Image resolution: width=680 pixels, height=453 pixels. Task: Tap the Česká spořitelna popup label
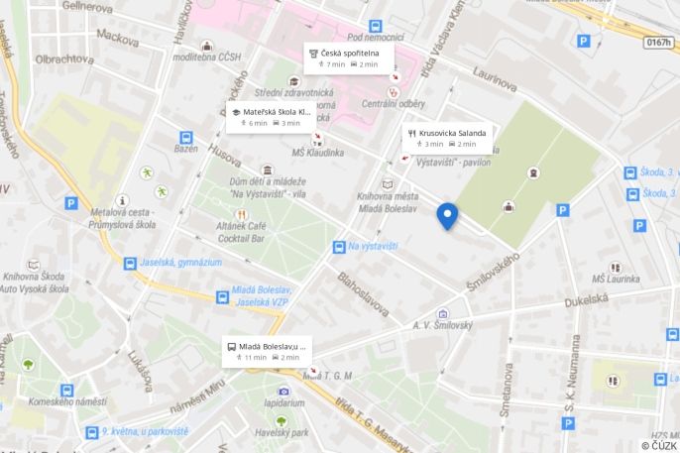tap(348, 57)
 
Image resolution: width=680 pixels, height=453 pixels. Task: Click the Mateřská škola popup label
tap(271, 117)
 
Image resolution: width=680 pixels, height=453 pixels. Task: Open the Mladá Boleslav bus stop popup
tap(266, 352)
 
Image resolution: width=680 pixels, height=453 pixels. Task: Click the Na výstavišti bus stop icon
tap(338, 246)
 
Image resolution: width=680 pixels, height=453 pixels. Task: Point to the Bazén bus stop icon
tap(185, 138)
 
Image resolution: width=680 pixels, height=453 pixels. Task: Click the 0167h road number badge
tap(657, 43)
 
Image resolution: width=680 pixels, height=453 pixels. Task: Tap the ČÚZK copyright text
tap(657, 445)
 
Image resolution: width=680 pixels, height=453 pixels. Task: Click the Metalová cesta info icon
tap(123, 200)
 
